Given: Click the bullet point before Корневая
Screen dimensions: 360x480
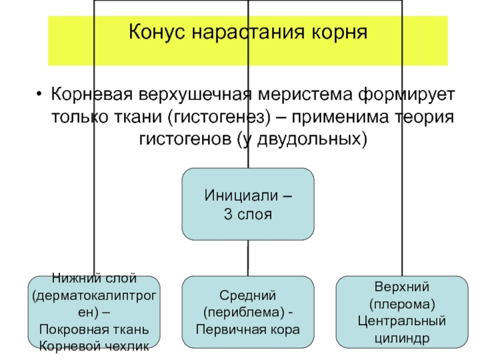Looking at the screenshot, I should tap(39, 96).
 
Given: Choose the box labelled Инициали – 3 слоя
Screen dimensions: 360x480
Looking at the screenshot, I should tap(247, 204).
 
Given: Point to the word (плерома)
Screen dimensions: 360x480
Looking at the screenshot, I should tap(401, 304).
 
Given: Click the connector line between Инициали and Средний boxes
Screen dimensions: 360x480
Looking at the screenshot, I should tap(248, 258).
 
